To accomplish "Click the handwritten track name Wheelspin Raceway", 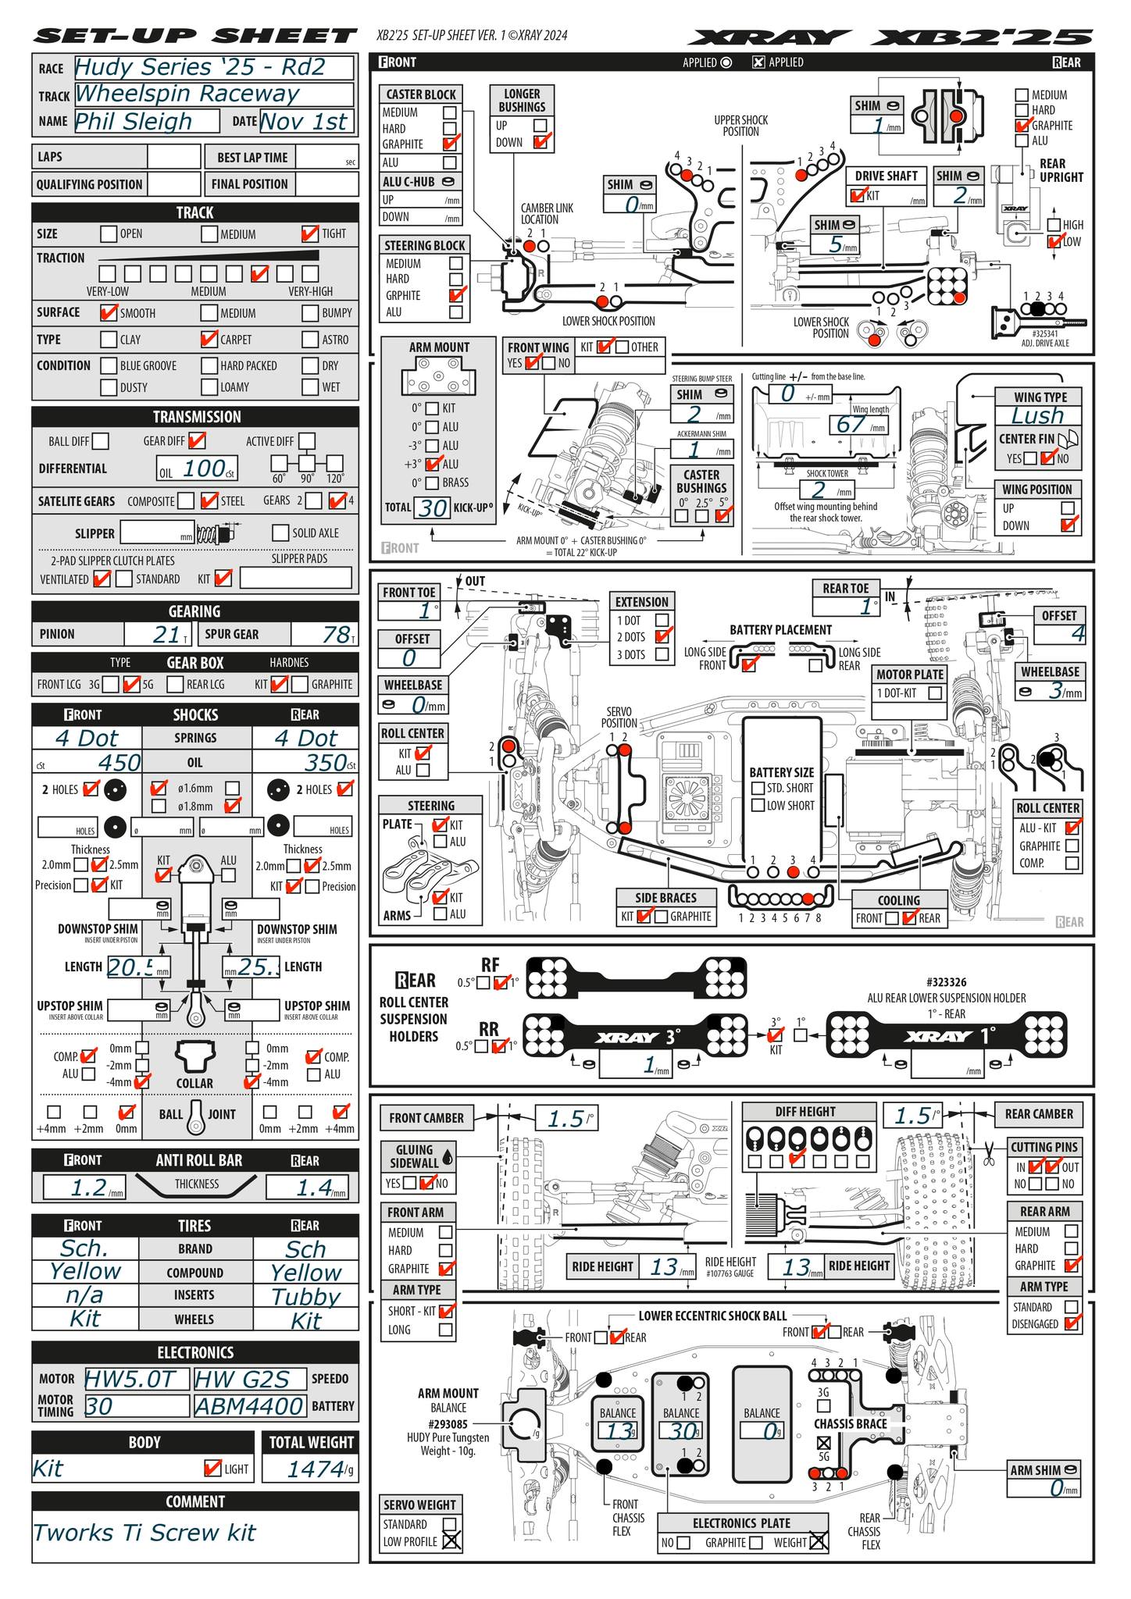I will [187, 94].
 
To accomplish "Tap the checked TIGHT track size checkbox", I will [309, 233].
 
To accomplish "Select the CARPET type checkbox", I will [209, 340].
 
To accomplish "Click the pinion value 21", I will [166, 634].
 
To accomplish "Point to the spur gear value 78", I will [336, 634].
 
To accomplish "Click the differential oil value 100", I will [203, 468].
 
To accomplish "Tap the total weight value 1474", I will [315, 1469].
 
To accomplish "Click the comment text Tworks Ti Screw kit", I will [144, 1533].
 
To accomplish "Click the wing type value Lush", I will [1037, 415].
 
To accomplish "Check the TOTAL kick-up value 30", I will [432, 508].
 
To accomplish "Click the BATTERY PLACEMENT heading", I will [780, 629].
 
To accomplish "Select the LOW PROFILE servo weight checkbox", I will [451, 1542].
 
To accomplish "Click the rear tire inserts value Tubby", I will [305, 1297].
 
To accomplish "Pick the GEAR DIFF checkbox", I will [197, 441].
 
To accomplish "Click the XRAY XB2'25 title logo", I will [890, 37].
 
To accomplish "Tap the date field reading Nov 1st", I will [304, 121].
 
